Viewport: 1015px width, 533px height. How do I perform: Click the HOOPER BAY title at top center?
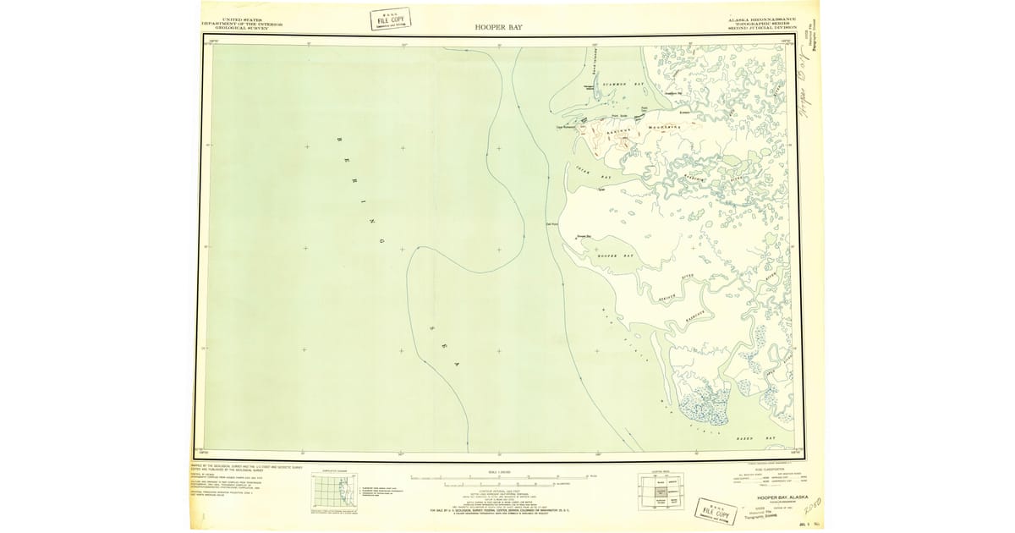pos(499,27)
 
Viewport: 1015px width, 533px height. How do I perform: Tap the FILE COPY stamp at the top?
pos(390,19)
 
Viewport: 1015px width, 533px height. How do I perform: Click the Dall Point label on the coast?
pos(551,224)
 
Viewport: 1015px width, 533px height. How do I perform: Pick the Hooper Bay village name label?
pos(584,237)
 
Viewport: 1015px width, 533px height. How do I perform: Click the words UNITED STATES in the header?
pos(241,19)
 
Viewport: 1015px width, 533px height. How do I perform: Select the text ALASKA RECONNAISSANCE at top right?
pos(761,19)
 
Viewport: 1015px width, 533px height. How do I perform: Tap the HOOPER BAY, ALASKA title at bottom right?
pos(770,497)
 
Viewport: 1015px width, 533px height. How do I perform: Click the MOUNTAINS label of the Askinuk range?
pos(664,128)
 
